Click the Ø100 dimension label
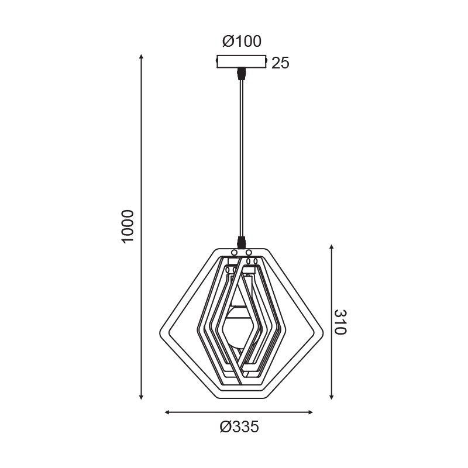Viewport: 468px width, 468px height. tap(242, 41)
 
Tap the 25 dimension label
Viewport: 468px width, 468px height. tap(281, 63)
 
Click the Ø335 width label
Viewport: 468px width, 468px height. tap(239, 428)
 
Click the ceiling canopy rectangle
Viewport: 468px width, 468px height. tap(241, 61)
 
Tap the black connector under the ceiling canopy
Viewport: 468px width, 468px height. tap(241, 74)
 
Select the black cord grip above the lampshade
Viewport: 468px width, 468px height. tap(241, 242)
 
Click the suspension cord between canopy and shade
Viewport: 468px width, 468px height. tap(241, 158)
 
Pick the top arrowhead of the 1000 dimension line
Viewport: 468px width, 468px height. tap(142, 57)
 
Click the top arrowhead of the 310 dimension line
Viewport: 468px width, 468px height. tap(331, 248)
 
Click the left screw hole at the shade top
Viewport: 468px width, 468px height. tap(234, 253)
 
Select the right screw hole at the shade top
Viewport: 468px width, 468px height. tap(249, 253)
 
